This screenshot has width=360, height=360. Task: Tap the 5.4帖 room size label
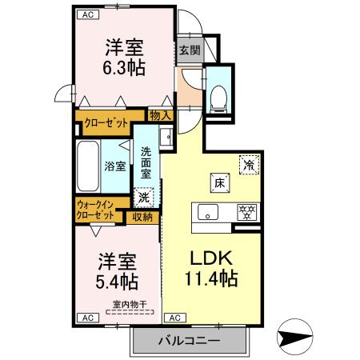point(117,282)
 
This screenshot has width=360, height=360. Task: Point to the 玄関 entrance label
point(190,50)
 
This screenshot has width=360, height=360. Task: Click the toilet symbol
point(217,97)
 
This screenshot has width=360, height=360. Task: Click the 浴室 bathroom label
point(114,166)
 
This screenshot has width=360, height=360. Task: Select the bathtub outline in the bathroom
point(86,166)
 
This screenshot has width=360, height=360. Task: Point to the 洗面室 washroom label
point(146,162)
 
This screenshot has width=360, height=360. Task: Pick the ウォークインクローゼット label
point(94,210)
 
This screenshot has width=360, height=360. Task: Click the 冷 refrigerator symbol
point(250,165)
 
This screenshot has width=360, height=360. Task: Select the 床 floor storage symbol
point(218,182)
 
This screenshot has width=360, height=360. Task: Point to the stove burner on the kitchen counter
point(246,213)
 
